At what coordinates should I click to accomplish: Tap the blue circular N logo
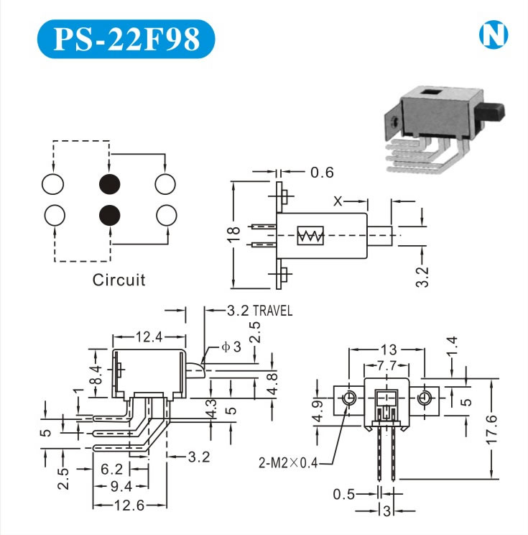[494, 33]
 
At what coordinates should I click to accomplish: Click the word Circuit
[119, 280]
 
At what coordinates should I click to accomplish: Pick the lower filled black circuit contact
[110, 214]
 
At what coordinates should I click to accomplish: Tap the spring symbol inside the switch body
[311, 236]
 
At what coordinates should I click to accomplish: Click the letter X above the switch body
[338, 202]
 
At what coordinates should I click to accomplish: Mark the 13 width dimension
[387, 350]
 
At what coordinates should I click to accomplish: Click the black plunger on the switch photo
[495, 112]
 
